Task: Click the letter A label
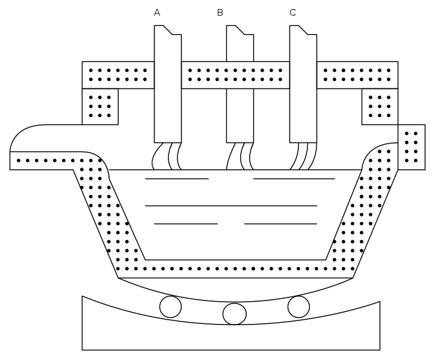point(157,13)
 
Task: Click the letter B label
point(220,13)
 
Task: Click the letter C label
point(292,13)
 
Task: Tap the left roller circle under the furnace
point(171,307)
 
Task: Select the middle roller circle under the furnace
point(235,314)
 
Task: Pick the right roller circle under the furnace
point(298,307)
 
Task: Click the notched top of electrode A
point(168,30)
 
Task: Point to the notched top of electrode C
point(303,30)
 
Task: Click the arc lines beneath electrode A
point(167,156)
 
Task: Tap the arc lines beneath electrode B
point(240,156)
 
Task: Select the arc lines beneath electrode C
point(303,156)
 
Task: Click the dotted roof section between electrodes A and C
point(235,75)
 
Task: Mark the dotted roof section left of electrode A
point(118,75)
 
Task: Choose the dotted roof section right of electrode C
point(357,75)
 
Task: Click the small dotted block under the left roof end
point(100,107)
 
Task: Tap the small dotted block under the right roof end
point(380,107)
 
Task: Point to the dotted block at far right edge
point(412,147)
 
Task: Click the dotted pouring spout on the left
point(55,160)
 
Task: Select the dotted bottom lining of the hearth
point(235,269)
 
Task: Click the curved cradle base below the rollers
point(231,337)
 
